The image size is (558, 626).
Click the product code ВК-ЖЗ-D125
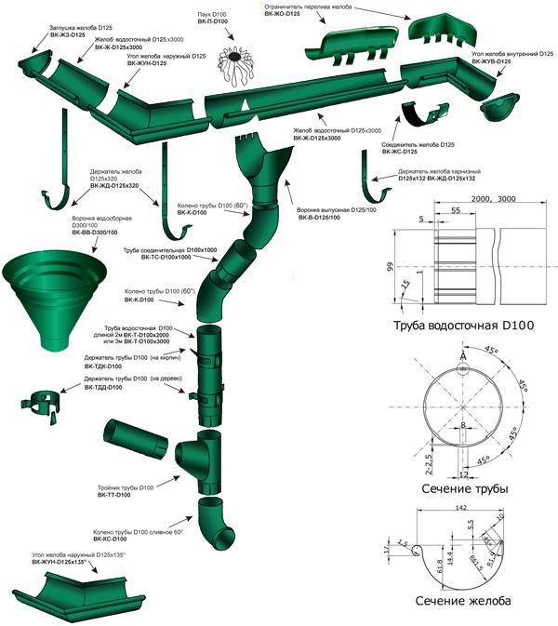point(70,35)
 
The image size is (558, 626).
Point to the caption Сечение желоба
point(463,601)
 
